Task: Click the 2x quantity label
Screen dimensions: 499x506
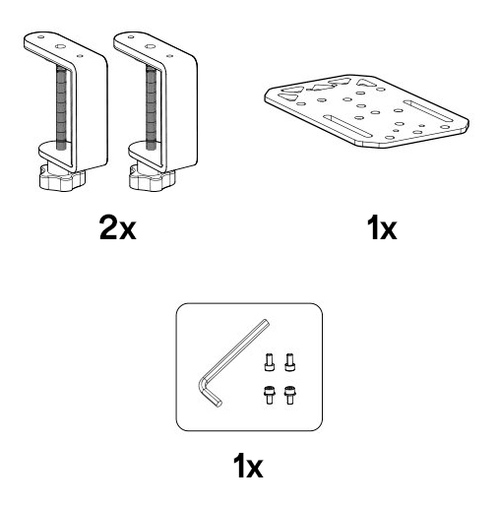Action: coord(118,227)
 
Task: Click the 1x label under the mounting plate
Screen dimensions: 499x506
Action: coord(382,227)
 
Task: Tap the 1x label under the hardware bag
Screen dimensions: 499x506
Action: coord(248,466)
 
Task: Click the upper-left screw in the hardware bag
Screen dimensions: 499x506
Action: coord(269,362)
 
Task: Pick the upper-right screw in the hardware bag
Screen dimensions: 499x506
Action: coord(289,362)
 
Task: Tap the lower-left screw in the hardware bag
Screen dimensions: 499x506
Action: coord(269,395)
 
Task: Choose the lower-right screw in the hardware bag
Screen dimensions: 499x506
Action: coord(289,395)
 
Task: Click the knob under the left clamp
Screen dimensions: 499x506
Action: coord(62,178)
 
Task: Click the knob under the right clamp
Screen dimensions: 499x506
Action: coord(152,178)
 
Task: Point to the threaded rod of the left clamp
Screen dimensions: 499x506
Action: coord(61,107)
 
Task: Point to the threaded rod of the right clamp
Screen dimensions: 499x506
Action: coord(151,107)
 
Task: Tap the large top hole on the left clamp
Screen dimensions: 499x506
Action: coord(60,46)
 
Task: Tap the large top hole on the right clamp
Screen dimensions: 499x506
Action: coord(151,46)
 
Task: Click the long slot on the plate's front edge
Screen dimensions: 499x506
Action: coord(347,125)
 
